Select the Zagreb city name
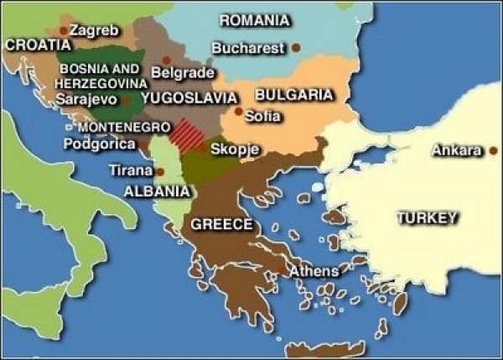point(94,30)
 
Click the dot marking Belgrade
point(166,60)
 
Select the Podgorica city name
point(100,143)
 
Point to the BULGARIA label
point(293,95)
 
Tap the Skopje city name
point(234,149)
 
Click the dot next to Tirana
point(159,171)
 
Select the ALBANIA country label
point(156,190)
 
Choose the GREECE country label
point(222,224)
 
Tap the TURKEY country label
point(428,218)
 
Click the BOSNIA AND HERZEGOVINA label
point(101,76)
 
